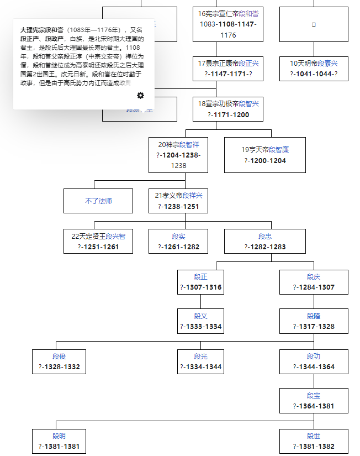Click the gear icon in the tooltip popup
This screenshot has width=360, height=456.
(x=140, y=96)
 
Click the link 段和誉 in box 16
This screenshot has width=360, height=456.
(x=248, y=13)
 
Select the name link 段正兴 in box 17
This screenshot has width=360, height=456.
(x=248, y=64)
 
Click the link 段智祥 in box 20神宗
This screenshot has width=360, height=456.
(x=189, y=145)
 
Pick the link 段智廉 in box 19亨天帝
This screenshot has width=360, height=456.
(x=279, y=149)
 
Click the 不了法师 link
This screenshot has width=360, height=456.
(x=98, y=201)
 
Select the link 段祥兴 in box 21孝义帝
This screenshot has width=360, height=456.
(x=193, y=196)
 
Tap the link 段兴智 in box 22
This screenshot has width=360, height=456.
(x=115, y=236)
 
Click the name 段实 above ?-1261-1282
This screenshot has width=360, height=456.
(x=178, y=236)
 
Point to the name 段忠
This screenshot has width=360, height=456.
(x=265, y=236)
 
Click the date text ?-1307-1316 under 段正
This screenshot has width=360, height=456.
(x=201, y=287)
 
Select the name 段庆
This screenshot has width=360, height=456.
(x=314, y=276)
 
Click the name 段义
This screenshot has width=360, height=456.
(x=201, y=316)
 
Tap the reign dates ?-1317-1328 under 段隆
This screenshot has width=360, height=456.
(x=314, y=327)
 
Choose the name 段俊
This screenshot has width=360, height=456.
(x=59, y=357)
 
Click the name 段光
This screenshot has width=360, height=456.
(x=201, y=357)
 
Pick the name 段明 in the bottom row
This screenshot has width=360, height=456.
(x=59, y=436)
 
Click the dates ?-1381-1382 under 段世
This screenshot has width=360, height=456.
(x=314, y=447)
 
